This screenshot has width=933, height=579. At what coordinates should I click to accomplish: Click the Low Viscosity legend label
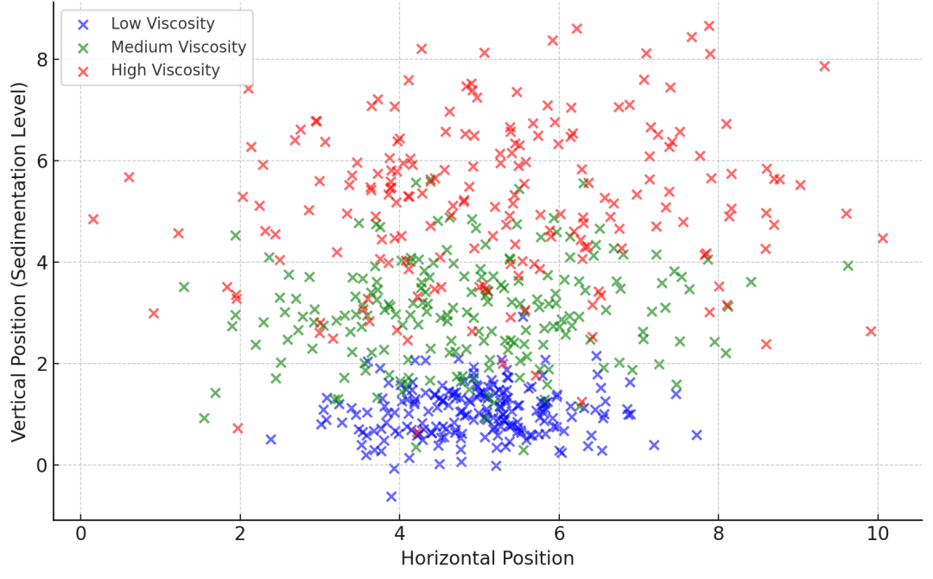(x=163, y=23)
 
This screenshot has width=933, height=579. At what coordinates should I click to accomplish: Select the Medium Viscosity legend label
(x=178, y=47)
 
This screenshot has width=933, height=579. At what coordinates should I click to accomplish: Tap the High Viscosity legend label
(x=165, y=70)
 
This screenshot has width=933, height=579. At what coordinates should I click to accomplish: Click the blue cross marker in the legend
(x=83, y=24)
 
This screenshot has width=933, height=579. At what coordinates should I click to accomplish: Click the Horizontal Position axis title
(x=487, y=558)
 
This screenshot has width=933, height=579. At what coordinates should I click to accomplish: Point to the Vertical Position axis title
(x=19, y=262)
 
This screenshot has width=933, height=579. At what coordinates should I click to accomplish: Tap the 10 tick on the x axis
(x=878, y=534)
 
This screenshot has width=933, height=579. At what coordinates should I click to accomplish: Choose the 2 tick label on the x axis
(x=240, y=534)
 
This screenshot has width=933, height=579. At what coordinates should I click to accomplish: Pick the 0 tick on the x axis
(x=80, y=534)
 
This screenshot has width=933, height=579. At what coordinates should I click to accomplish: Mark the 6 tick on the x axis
(x=559, y=534)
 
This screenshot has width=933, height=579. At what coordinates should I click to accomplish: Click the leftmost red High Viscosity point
(x=93, y=220)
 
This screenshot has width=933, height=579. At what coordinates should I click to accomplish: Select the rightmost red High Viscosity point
(x=882, y=239)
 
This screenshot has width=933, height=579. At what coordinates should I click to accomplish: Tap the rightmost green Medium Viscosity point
(x=847, y=266)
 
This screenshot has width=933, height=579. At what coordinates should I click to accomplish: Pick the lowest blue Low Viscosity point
(x=391, y=497)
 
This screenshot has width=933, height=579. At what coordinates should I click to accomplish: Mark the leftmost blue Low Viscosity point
(x=270, y=439)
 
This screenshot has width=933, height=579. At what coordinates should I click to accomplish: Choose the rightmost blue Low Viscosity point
(x=696, y=435)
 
